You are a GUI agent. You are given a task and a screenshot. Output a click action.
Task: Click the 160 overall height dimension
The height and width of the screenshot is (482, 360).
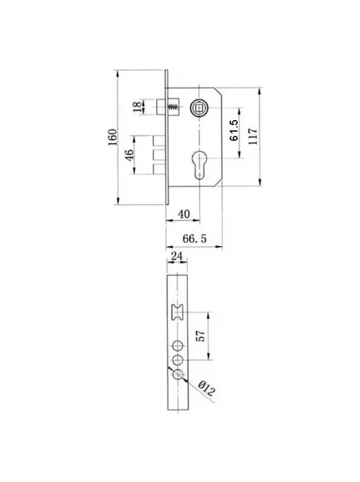point(113,137)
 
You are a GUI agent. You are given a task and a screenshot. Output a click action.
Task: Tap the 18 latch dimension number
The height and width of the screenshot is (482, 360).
point(138,106)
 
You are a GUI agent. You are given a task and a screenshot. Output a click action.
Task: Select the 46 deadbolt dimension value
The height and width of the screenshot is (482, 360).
point(130,155)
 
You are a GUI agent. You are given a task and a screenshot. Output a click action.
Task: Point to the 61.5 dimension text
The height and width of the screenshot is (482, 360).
point(234,130)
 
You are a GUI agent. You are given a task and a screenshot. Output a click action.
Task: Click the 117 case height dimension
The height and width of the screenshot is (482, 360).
point(253,137)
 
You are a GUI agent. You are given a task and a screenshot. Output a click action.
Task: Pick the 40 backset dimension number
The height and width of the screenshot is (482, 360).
point(184,214)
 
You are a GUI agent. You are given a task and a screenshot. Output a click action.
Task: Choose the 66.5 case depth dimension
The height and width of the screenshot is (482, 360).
point(194,239)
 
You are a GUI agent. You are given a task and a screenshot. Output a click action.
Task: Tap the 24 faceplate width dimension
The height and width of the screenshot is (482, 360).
point(176,256)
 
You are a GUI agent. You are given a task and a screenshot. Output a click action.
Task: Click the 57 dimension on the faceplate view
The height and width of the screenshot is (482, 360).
point(200,336)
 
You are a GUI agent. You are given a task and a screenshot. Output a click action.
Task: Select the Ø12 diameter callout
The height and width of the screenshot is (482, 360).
point(207,388)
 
